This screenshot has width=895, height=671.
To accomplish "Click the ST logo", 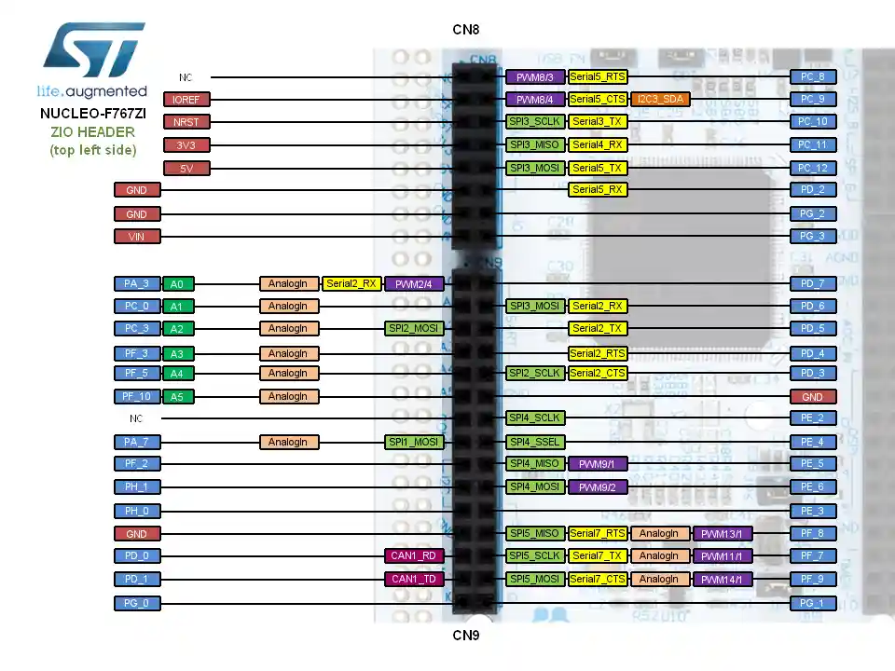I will point(92,51).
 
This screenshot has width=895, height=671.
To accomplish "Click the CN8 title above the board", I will point(466,30).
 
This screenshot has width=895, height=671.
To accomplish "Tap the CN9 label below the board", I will point(466,636).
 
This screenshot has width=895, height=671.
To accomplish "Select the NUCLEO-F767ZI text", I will point(92,114).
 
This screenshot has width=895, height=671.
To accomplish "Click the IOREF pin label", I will point(186,100).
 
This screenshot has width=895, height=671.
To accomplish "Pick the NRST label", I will point(186,122).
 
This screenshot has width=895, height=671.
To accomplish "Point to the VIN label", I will point(136,237).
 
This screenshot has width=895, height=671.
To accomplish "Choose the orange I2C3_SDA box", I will point(661,99).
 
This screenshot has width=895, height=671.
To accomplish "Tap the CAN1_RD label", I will point(414,556).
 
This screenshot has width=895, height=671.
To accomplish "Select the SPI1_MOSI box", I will point(414,442).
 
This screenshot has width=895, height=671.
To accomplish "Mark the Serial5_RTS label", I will point(598,76).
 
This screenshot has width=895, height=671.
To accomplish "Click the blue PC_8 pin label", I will point(813,76).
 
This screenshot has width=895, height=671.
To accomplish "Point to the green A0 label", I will point(176,284).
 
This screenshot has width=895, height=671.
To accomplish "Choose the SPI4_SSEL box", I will point(534,442).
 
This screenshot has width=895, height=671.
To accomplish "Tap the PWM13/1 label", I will point(723,534).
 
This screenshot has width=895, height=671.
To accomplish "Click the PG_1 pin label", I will point(813,603).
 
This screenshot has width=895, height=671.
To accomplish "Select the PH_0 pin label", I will point(136,511).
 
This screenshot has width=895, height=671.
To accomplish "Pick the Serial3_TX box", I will point(598,122).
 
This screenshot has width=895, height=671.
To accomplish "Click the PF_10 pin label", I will point(136,397).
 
